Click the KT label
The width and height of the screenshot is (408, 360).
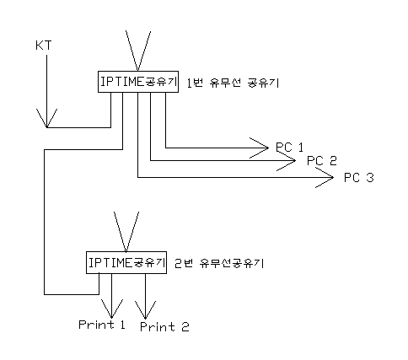click(x=44, y=46)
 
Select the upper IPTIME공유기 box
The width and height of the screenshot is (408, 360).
click(x=138, y=82)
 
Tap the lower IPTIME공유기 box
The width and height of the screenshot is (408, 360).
click(x=126, y=262)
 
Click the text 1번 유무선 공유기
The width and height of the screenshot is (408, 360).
click(x=233, y=83)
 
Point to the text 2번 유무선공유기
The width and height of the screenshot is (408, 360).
click(x=219, y=263)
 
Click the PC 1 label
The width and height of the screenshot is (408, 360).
click(x=290, y=148)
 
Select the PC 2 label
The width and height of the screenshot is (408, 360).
click(x=322, y=161)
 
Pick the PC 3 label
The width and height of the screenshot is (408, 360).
click(x=359, y=178)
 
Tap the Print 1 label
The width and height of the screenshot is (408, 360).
click(x=102, y=325)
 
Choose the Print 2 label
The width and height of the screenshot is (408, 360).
click(x=164, y=327)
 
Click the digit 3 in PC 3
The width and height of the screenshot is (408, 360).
click(x=370, y=178)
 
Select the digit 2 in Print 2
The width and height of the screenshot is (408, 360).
click(x=185, y=327)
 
